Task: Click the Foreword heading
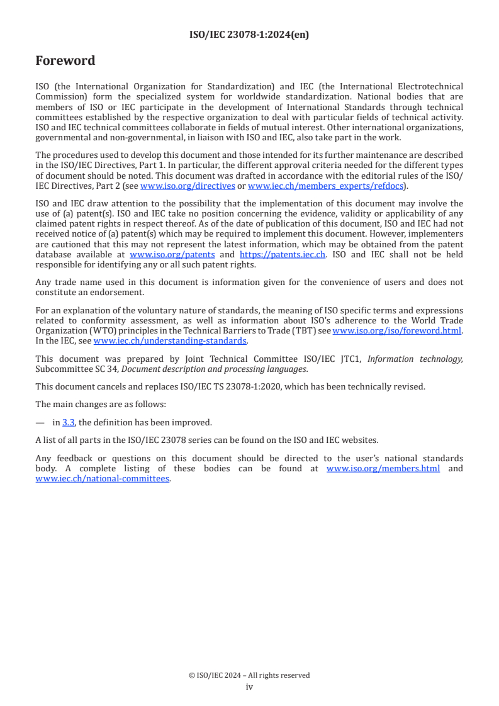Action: [65, 61]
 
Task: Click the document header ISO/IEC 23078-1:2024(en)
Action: [249, 35]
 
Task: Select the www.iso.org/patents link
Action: [172, 254]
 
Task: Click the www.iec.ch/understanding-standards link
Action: [170, 340]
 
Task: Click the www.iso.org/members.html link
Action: [383, 469]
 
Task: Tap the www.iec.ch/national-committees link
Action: [103, 478]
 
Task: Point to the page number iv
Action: [249, 687]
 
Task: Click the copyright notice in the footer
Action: [249, 675]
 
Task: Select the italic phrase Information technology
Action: [415, 359]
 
